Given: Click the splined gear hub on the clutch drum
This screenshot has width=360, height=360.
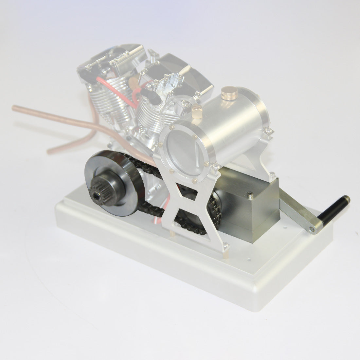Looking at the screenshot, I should coord(99,191).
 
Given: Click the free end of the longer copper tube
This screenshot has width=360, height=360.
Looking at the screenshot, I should coord(15,107).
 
